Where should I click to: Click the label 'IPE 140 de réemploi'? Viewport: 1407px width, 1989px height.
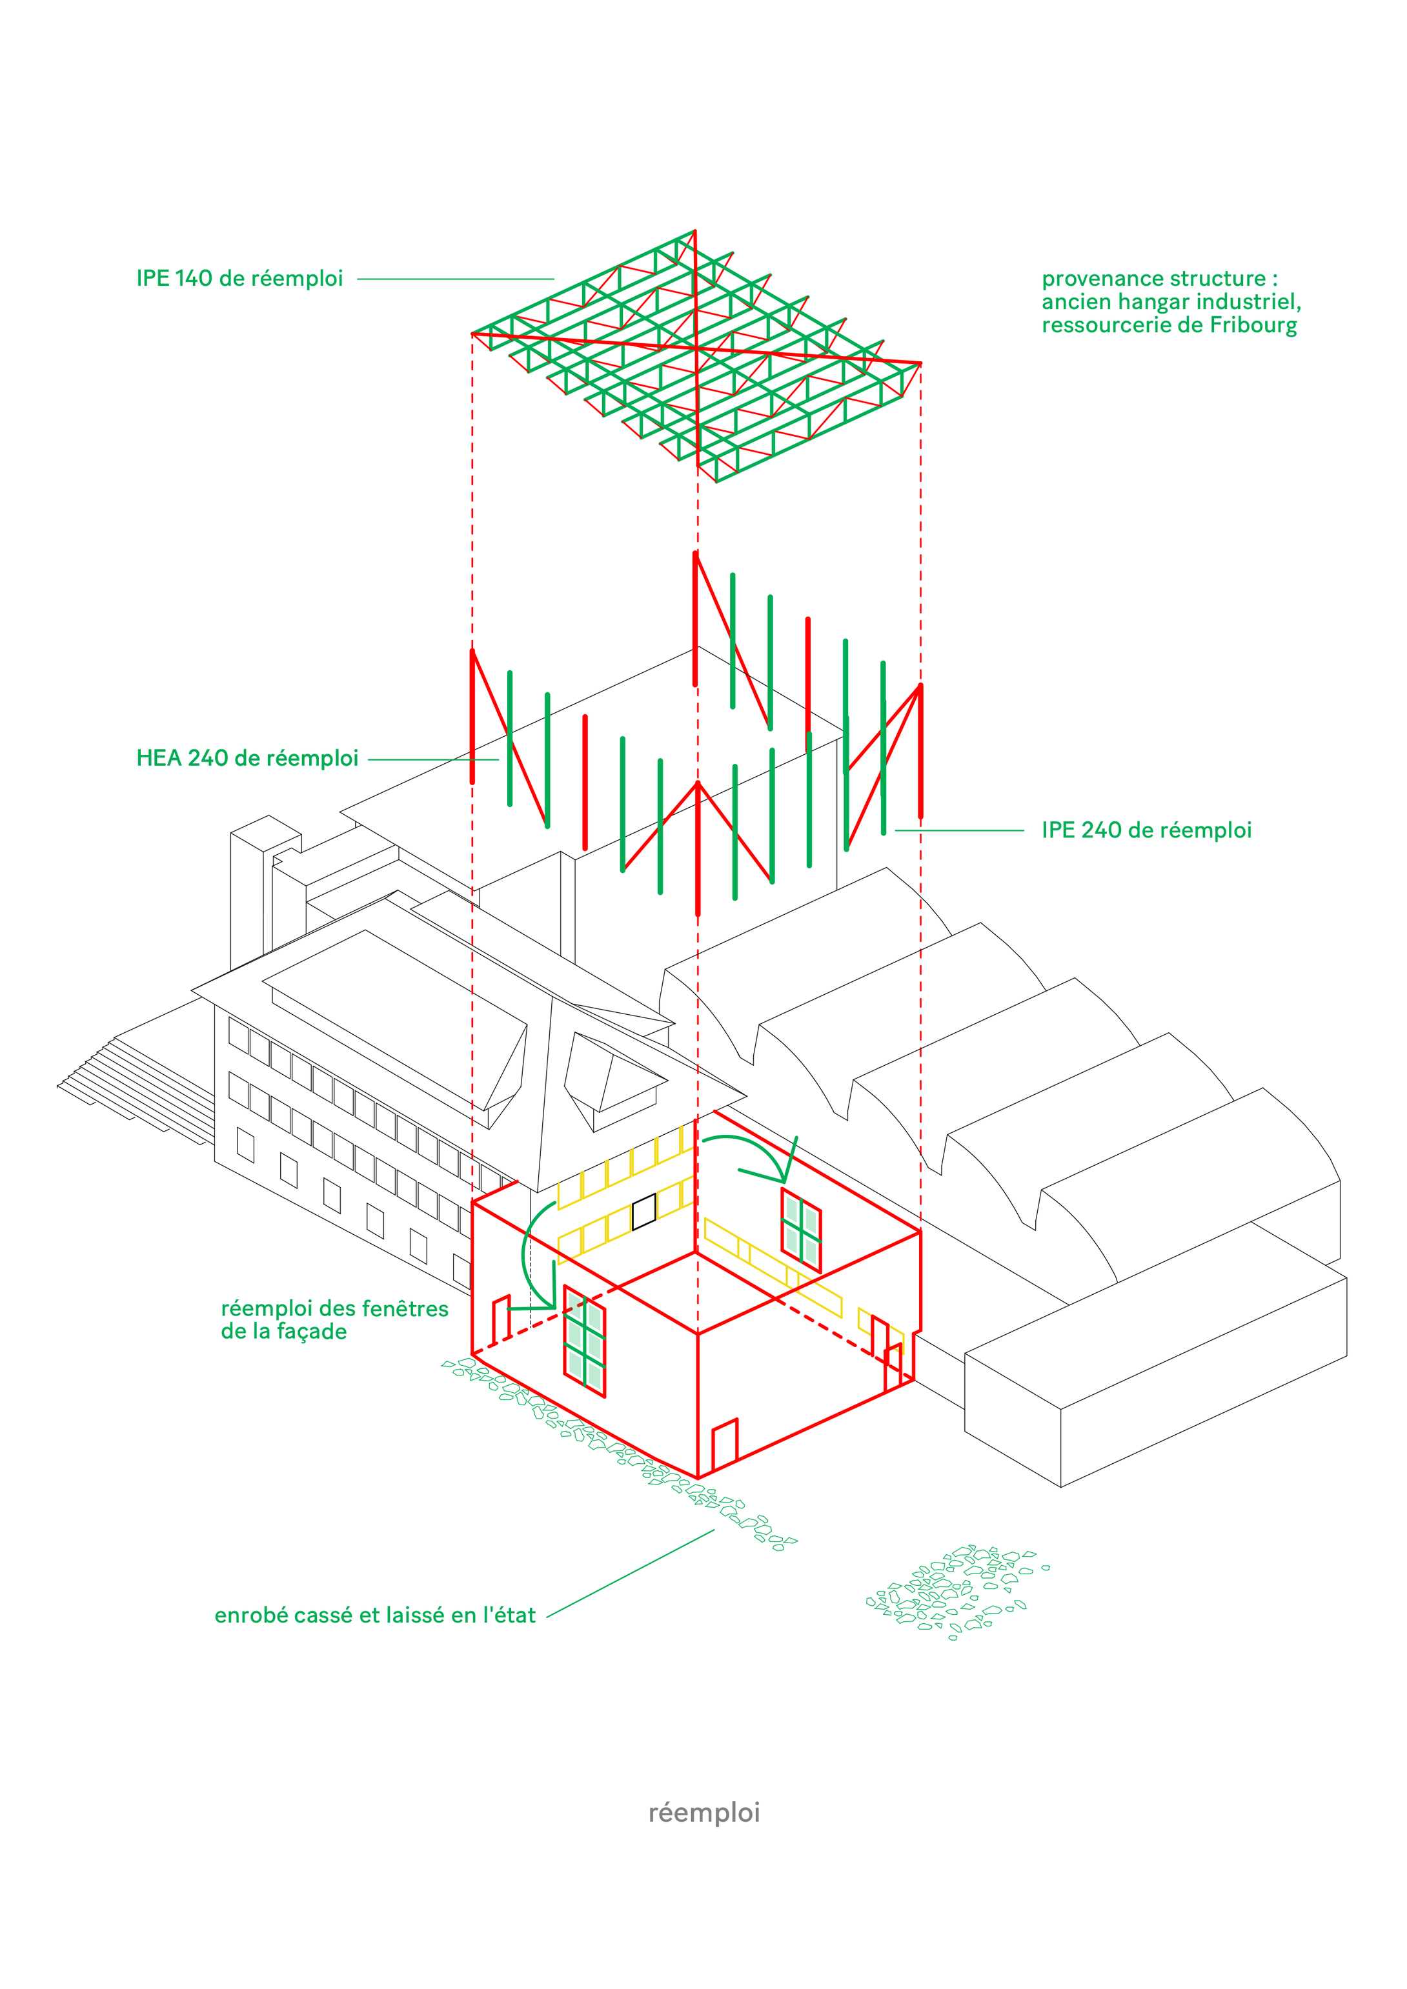239,279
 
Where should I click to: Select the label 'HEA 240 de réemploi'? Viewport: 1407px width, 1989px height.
247,759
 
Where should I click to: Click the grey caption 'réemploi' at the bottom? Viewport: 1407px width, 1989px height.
703,1812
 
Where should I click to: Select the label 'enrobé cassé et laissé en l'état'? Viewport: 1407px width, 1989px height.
374,1615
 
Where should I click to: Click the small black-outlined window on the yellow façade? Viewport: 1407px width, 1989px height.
643,1211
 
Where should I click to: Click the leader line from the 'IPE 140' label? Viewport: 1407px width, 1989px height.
455,279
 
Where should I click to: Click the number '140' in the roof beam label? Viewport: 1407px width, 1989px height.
193,279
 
